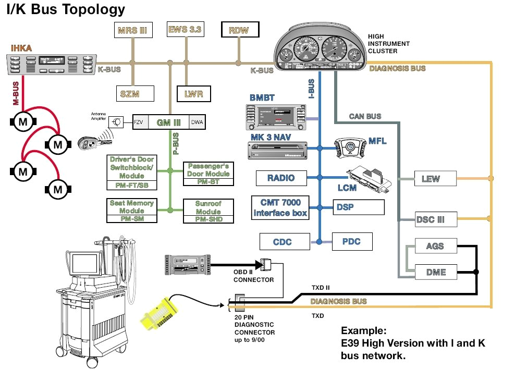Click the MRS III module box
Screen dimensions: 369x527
132,30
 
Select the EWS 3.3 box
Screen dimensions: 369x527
185,29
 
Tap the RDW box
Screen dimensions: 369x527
239,30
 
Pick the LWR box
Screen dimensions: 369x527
193,94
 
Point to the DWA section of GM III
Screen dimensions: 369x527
197,122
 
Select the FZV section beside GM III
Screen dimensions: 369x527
139,122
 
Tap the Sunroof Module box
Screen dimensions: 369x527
208,211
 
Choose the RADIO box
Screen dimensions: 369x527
281,178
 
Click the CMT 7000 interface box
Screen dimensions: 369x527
280,207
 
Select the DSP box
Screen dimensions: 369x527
359,207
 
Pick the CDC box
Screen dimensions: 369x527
282,242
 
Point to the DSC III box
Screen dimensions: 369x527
436,219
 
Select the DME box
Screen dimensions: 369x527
436,272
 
